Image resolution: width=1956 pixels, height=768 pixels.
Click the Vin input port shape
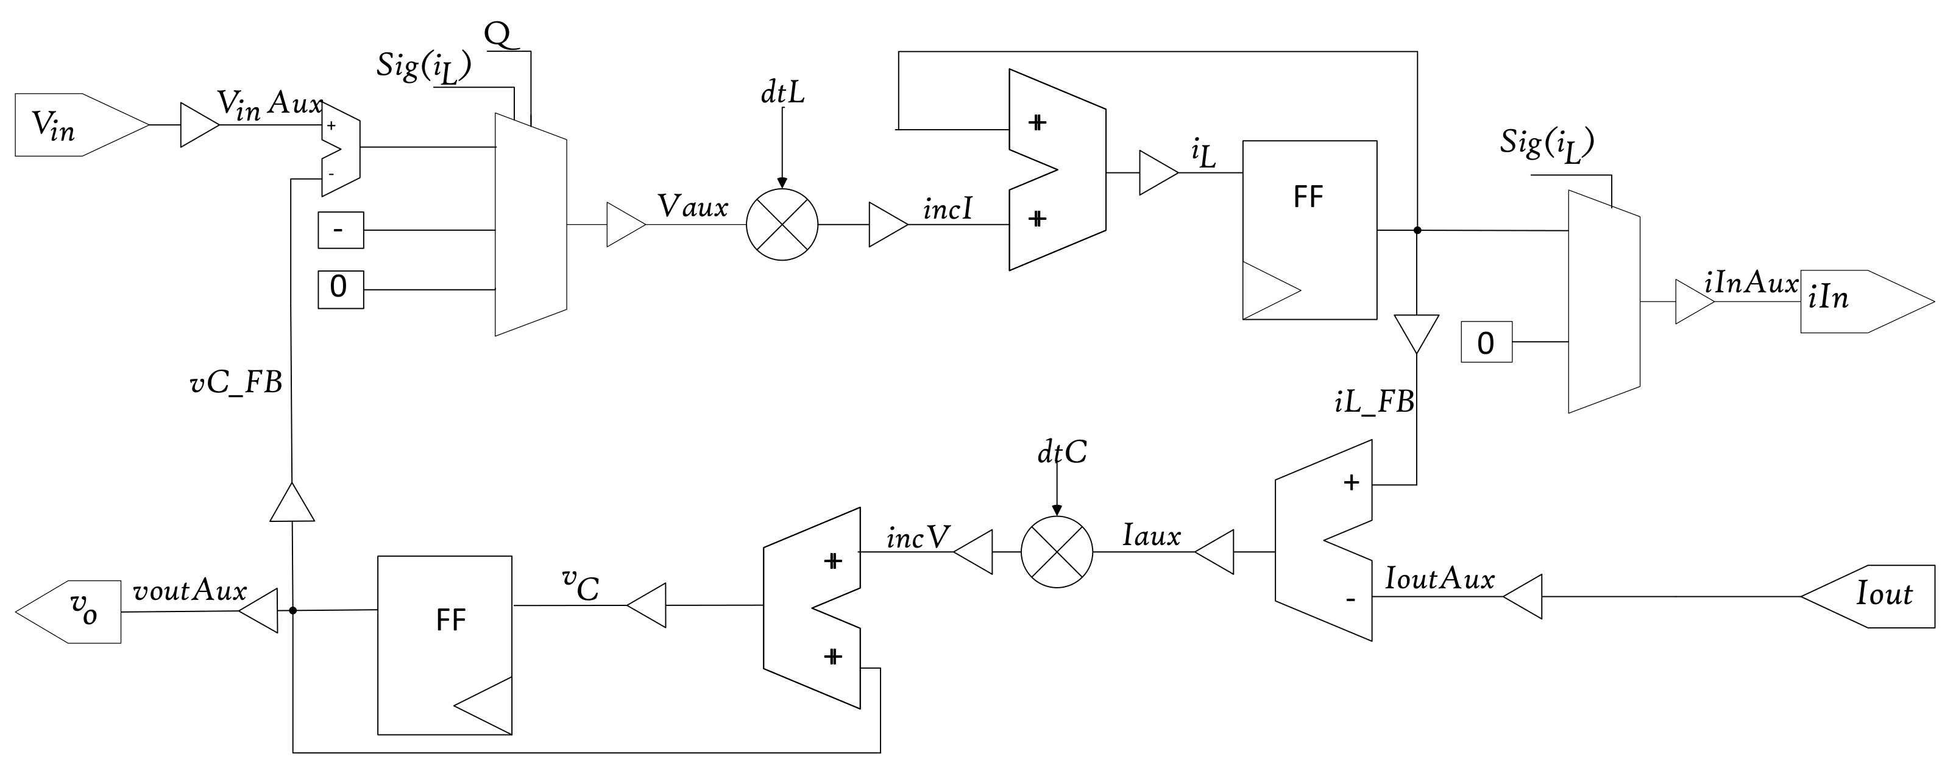pos(76,125)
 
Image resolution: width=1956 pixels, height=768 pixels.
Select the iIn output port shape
pos(1860,301)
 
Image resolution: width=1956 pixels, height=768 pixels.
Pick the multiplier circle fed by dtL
pos(782,225)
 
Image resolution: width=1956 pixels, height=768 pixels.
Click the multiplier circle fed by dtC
pos(1056,552)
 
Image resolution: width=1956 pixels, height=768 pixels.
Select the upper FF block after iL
pos(1309,230)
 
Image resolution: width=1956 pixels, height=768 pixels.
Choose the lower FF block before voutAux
pos(445,645)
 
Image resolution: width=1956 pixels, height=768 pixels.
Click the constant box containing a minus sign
pos(340,230)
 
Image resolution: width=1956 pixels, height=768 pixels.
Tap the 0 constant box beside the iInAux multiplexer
pos(1486,342)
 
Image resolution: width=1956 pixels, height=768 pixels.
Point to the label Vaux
pos(692,206)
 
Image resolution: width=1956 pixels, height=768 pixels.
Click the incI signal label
pos(948,210)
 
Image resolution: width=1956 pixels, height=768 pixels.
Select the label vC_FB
pos(236,383)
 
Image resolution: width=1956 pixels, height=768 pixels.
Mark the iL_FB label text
pos(1374,401)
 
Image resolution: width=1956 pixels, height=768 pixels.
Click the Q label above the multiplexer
pos(498,34)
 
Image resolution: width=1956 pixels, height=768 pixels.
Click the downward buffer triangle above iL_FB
pos(1416,332)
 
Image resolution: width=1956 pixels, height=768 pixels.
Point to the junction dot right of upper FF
pos(1417,230)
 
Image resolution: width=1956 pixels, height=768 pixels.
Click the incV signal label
pos(917,538)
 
